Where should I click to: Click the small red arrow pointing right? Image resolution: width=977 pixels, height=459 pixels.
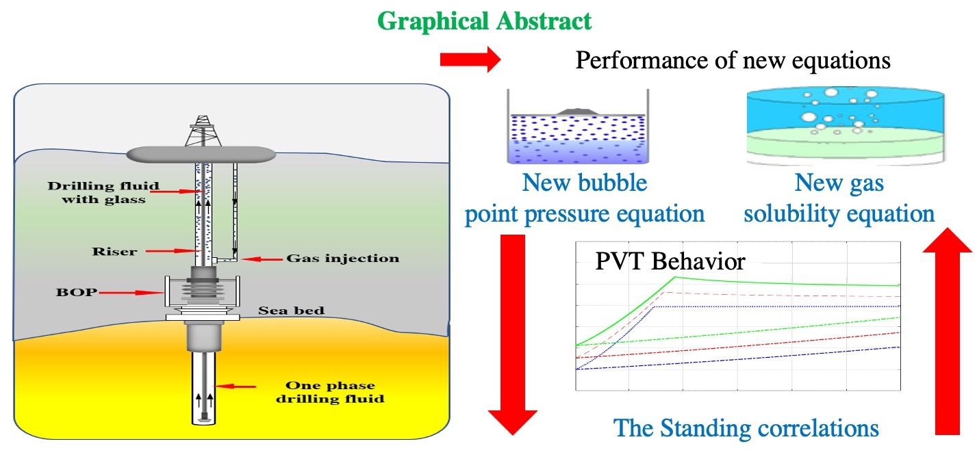click(x=470, y=61)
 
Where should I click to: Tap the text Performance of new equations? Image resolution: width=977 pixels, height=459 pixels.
click(x=733, y=61)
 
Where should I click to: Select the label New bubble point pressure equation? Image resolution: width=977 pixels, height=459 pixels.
click(x=585, y=199)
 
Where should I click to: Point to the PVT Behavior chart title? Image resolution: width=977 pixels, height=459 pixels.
click(x=670, y=262)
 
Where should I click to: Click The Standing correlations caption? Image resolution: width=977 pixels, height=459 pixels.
click(x=746, y=428)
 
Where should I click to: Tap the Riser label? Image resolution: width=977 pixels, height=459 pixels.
click(x=114, y=252)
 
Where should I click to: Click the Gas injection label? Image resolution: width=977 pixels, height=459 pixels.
click(x=342, y=259)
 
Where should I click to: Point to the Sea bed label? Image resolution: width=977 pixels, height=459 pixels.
click(x=291, y=311)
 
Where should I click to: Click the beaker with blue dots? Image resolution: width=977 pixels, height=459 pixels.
click(x=578, y=134)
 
